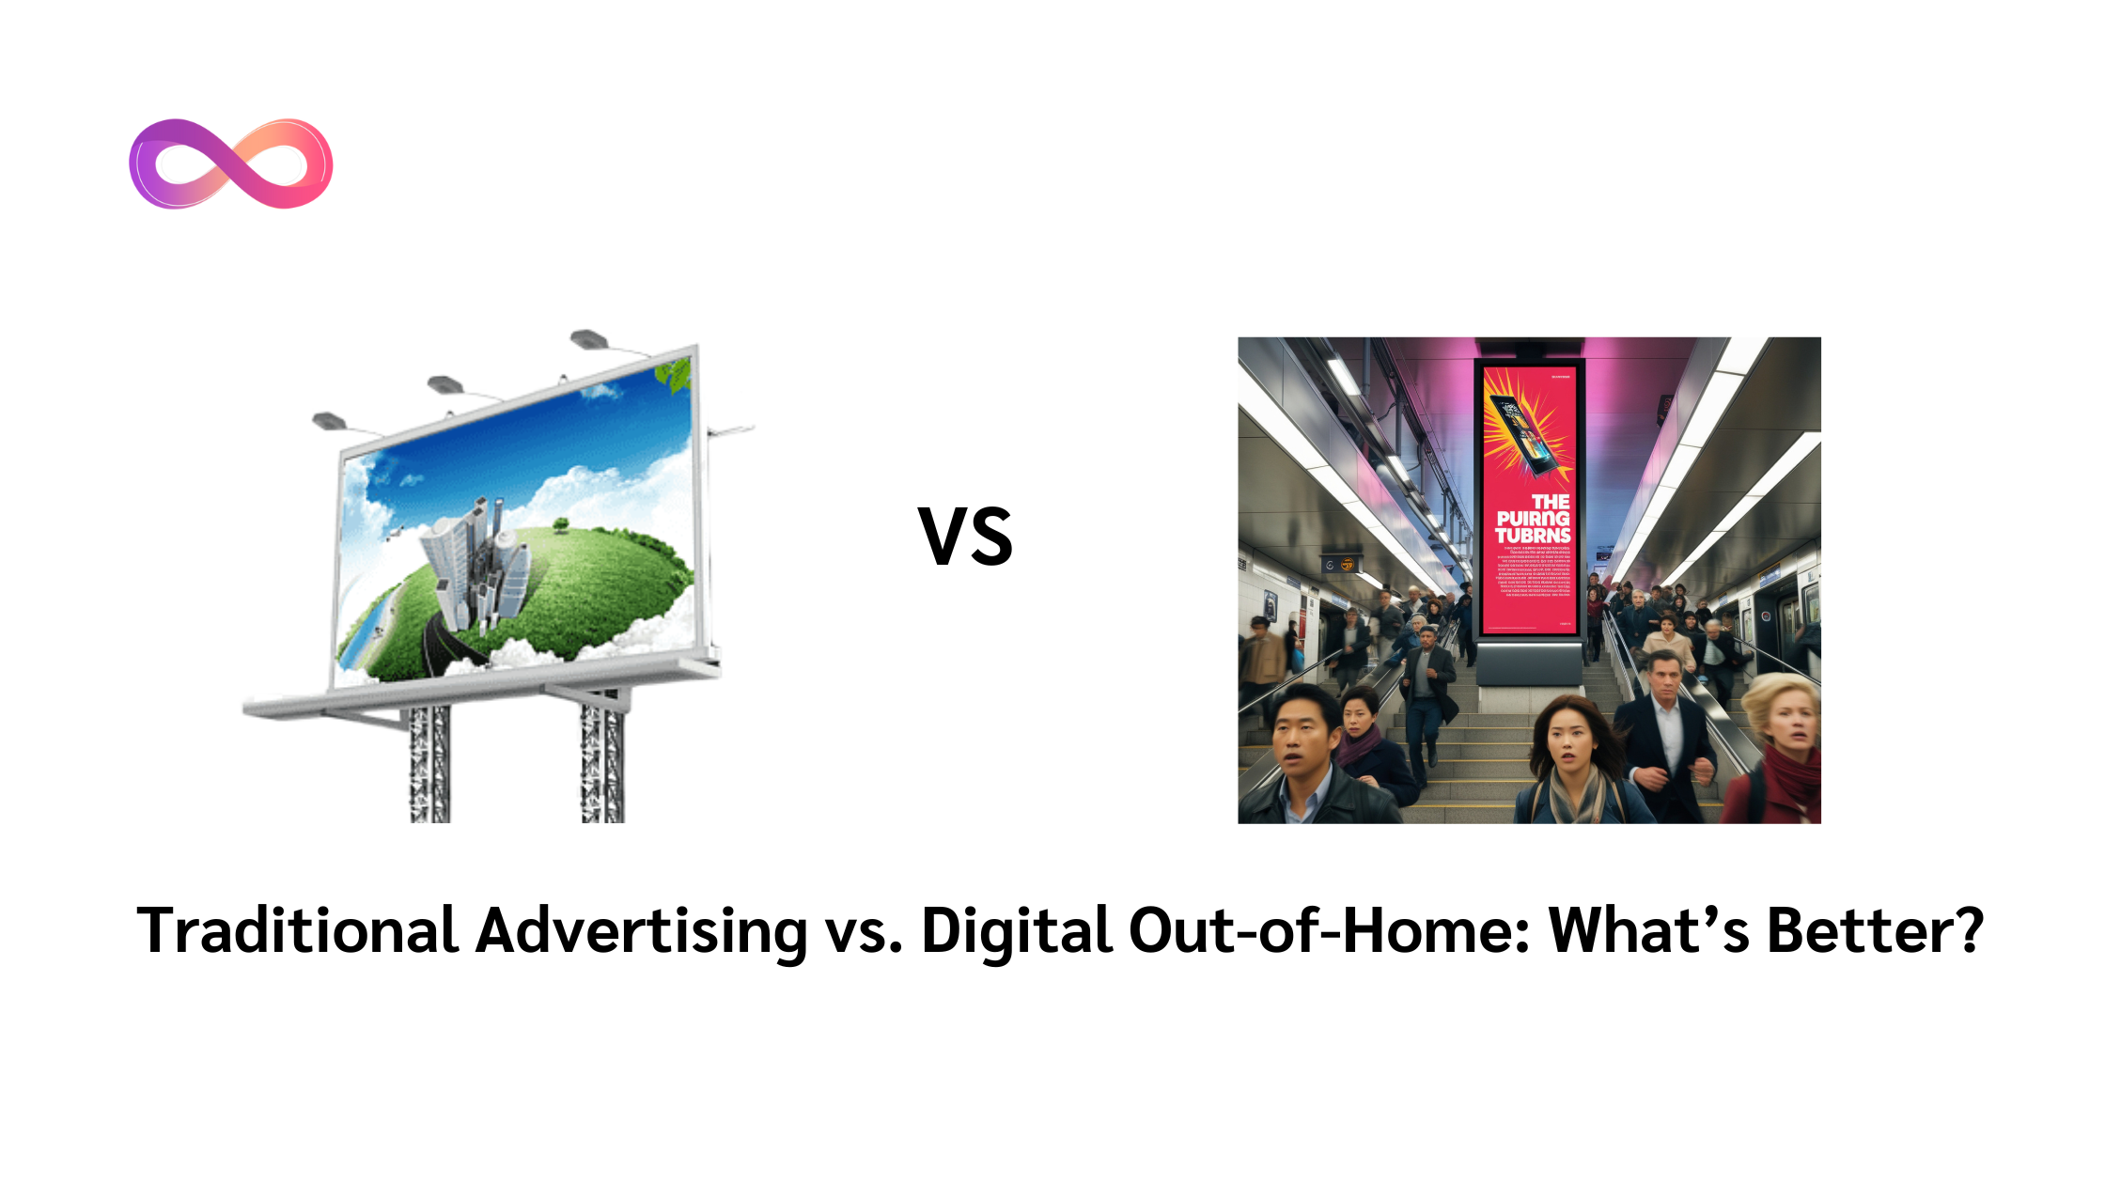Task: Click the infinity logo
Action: click(231, 164)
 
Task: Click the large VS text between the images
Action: click(965, 537)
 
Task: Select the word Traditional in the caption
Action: click(297, 931)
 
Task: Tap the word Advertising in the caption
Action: click(641, 931)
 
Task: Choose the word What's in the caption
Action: click(1648, 931)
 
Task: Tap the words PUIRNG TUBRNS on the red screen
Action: click(1533, 527)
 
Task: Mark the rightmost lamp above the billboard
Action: click(589, 338)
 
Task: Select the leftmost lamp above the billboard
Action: click(329, 420)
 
